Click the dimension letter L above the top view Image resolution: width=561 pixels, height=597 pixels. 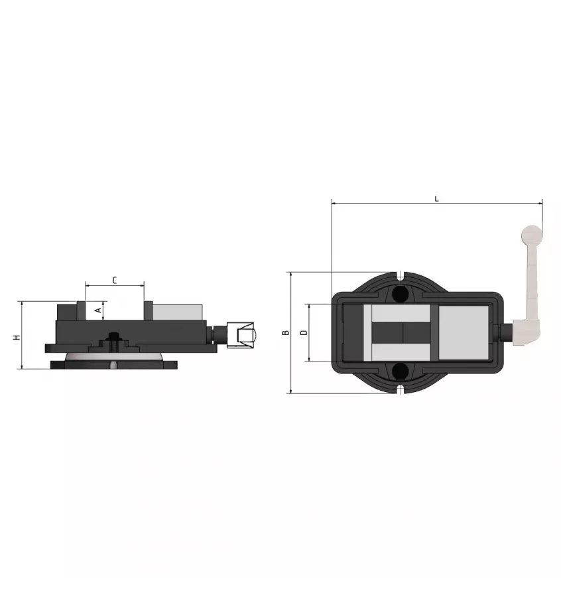pos(436,199)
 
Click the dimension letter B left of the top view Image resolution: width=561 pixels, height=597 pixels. pos(285,332)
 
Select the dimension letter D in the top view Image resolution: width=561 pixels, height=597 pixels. pos(304,332)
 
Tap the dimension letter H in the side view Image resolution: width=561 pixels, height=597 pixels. pos(17,337)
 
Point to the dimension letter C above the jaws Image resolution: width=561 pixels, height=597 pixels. pos(115,281)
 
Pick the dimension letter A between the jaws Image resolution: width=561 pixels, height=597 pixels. pos(98,310)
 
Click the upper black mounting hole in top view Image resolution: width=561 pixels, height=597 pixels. pos(399,293)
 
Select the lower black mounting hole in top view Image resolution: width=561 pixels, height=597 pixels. pos(399,371)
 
